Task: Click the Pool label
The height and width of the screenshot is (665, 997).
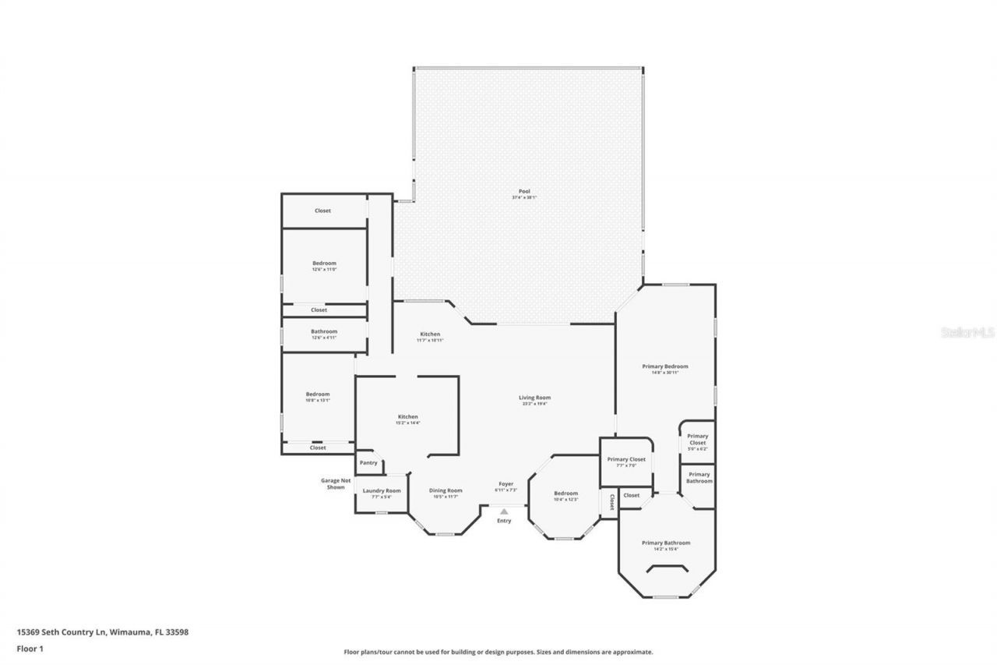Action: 524,192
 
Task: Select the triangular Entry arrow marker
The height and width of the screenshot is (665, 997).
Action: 504,511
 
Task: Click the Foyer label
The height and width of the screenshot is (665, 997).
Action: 505,484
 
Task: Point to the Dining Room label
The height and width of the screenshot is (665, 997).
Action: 446,491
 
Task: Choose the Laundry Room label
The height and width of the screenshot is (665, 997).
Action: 382,491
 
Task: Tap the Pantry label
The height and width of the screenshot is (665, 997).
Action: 368,463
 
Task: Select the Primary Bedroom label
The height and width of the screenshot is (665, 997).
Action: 664,366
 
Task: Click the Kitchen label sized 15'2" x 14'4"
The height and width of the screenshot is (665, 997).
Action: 408,417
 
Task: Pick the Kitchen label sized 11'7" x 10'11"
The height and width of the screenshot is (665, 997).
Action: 430,334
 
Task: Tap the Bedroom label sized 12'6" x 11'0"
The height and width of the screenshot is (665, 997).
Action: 324,264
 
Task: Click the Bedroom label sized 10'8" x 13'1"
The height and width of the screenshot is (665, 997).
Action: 318,394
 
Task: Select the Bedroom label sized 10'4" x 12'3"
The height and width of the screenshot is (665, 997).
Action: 565,493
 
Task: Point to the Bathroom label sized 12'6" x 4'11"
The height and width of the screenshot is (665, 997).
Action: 324,331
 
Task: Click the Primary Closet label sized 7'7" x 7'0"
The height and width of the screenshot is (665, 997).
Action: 626,460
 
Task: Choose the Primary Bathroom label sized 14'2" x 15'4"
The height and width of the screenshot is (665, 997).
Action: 665,543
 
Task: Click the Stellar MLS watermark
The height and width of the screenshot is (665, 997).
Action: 967,332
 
